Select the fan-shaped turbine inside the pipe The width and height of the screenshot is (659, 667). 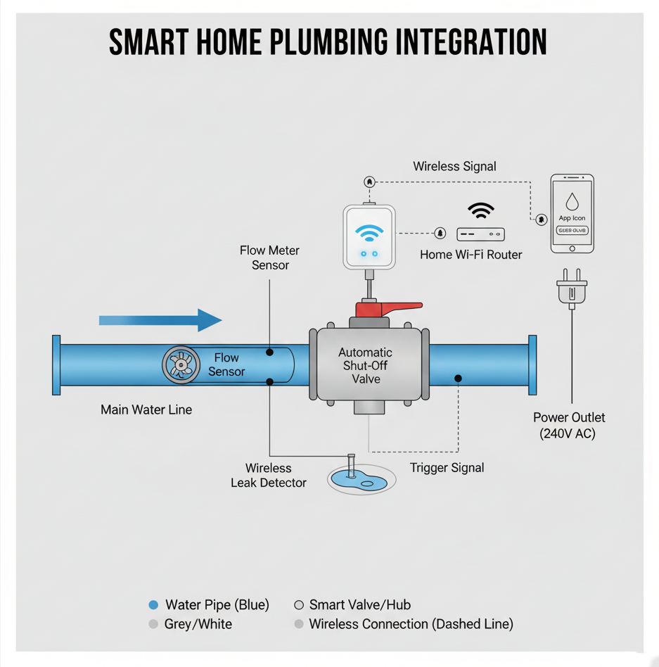181,365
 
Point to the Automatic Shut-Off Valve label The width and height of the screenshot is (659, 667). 366,365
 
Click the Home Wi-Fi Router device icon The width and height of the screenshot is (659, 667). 481,234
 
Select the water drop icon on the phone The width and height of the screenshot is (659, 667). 572,201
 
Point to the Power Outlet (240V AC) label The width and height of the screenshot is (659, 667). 568,426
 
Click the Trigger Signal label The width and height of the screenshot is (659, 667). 447,468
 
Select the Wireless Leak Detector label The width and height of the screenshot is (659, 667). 269,475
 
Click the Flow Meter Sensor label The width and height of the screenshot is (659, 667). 270,258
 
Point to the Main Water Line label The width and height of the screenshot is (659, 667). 146,409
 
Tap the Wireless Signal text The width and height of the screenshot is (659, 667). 454,167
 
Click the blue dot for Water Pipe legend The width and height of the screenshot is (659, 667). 154,605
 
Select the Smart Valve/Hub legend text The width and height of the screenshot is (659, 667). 359,605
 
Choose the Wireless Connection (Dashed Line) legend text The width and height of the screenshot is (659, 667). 411,624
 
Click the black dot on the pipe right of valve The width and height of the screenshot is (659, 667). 458,379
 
